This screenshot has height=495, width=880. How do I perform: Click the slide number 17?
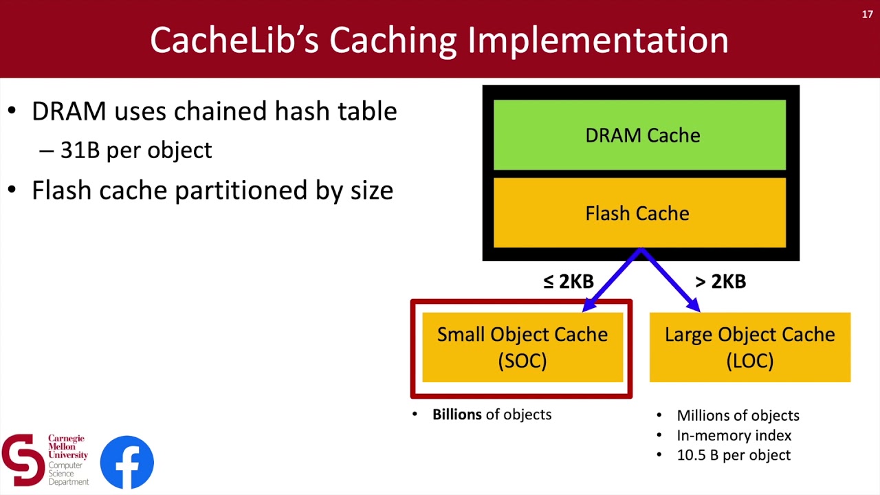867,14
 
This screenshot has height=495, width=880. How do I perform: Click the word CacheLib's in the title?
234,40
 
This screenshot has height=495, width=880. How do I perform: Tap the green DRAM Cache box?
639,135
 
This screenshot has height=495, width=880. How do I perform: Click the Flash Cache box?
639,213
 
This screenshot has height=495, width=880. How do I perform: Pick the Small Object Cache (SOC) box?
522,347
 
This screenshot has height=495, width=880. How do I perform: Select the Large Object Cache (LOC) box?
749,347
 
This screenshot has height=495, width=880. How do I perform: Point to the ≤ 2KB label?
568,282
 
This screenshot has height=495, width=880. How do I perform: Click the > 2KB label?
720,282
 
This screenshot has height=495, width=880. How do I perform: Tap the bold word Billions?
456,415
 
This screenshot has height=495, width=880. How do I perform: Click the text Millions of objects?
738,415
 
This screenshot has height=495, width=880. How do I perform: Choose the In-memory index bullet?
734,435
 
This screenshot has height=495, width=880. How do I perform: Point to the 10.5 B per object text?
734,455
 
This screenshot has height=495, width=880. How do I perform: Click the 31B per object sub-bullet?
136,150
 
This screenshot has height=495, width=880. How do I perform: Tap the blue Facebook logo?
127,462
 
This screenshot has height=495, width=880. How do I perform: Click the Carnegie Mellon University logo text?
67,446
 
